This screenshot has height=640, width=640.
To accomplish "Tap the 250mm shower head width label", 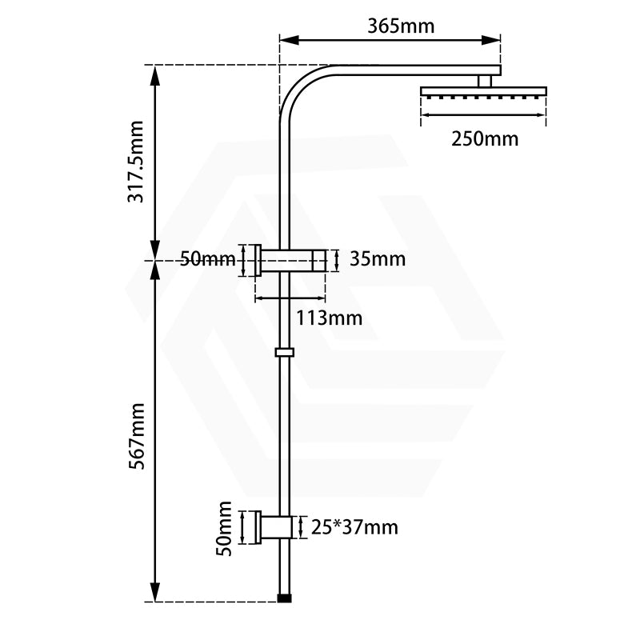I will coord(485,138).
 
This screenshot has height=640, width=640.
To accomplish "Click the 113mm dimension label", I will coord(329,318).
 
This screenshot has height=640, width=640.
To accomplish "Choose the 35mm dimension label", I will coord(378,259).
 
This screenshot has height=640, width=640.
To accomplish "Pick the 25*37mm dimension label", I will coord(354,527).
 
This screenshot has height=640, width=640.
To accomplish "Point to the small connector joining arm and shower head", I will coord(483,81).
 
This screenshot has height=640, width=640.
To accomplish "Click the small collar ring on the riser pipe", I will coord(284,351).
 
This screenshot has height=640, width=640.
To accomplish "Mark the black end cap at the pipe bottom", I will coord(284,597).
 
